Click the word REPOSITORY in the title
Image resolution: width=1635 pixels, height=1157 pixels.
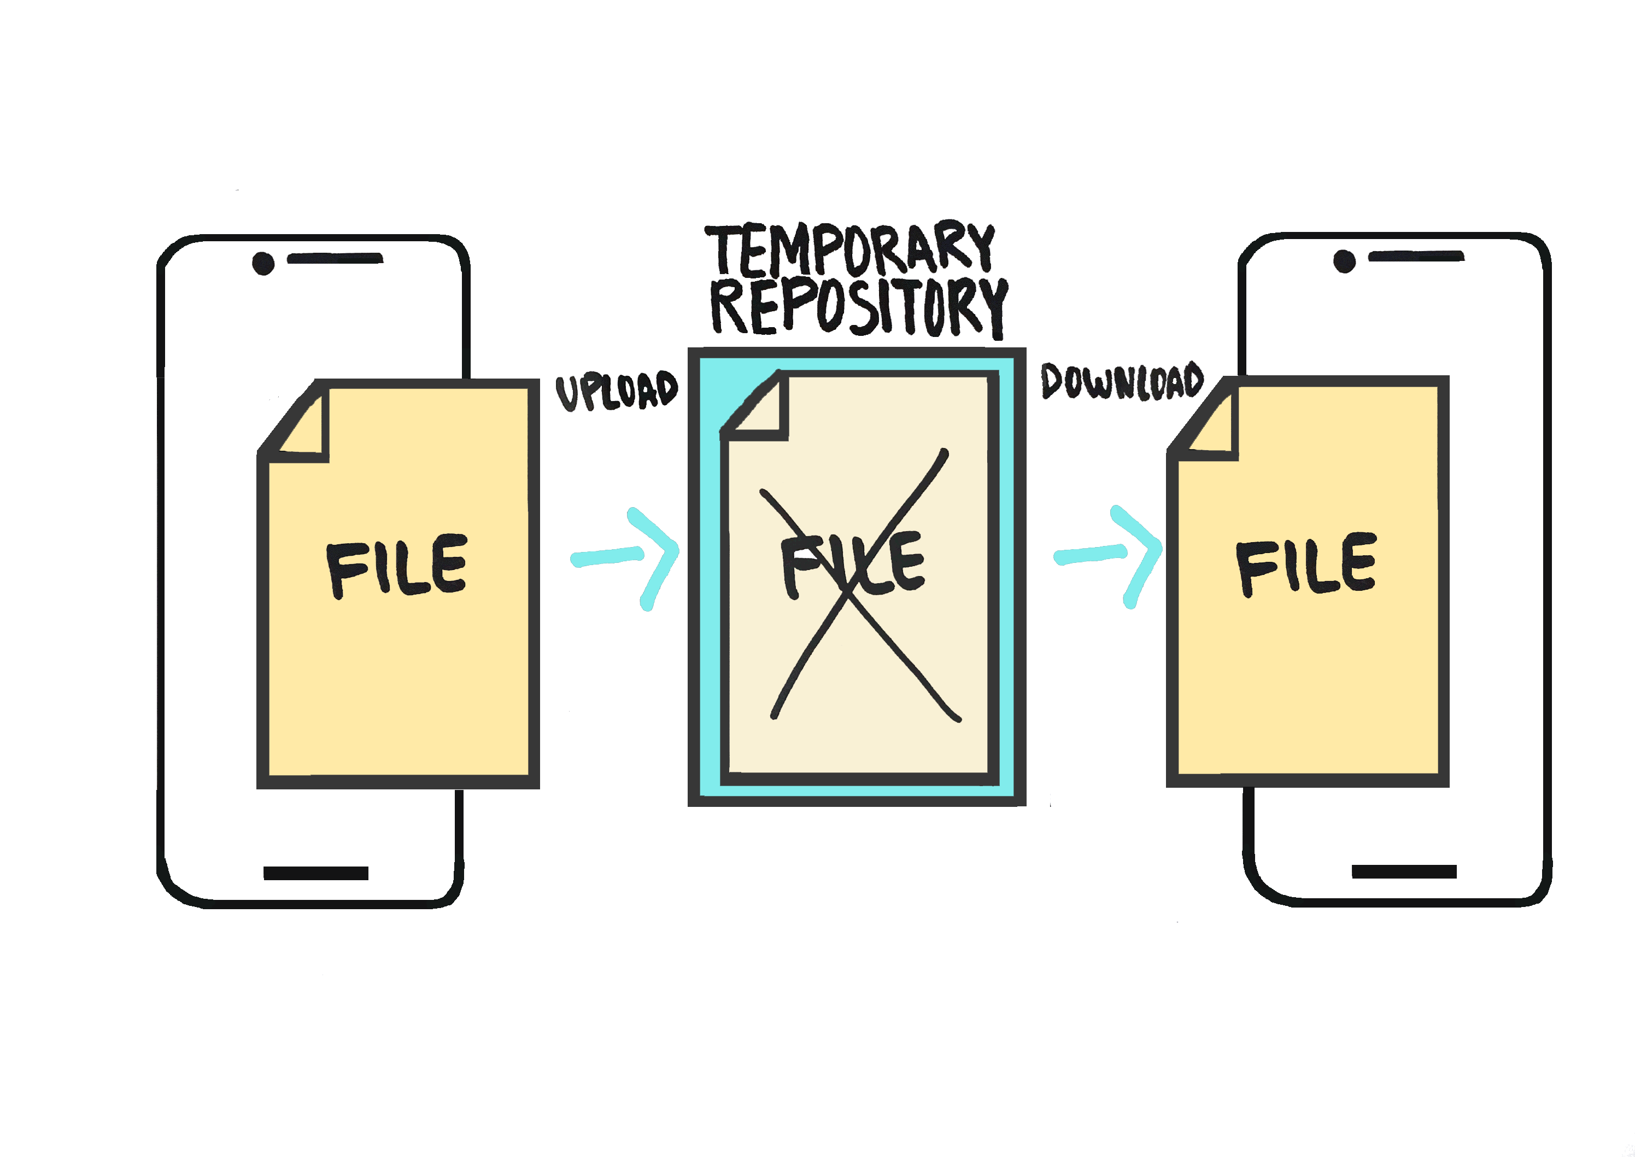(859, 308)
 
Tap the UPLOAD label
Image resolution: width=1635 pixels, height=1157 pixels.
(617, 391)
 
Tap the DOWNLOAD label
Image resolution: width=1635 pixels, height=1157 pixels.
(1122, 381)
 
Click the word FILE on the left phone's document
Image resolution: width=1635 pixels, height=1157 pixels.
(397, 566)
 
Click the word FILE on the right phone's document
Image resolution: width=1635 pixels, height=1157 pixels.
(1306, 563)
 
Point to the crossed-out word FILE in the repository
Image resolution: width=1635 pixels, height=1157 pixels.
(852, 564)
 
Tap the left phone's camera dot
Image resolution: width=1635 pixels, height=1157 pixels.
(263, 264)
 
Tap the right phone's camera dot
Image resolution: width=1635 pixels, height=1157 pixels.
(1344, 261)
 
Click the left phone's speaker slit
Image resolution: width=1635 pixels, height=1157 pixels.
(335, 258)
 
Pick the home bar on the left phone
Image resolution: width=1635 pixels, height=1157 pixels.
(315, 874)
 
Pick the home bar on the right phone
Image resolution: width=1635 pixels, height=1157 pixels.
(1404, 872)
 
